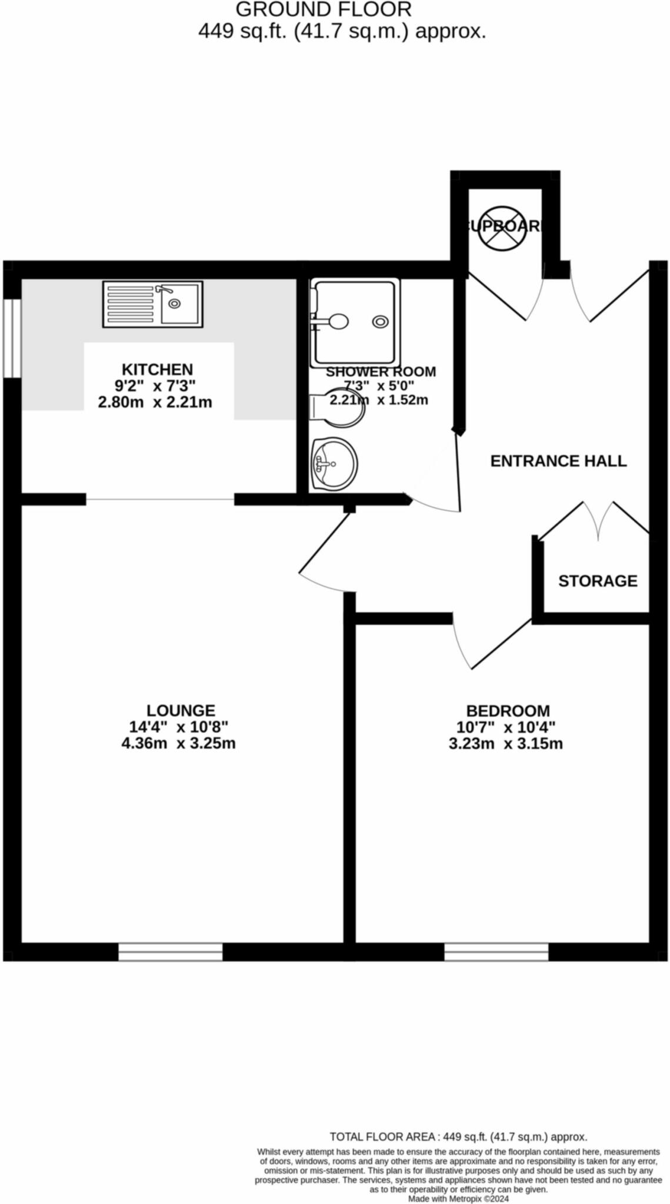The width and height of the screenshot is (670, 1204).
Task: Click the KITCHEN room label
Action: (x=157, y=369)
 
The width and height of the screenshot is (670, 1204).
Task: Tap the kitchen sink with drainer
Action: (x=152, y=303)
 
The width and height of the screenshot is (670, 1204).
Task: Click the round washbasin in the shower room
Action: (x=334, y=464)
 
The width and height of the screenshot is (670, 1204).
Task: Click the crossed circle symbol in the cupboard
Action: (x=502, y=228)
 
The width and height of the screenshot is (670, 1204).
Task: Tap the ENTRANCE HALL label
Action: (x=558, y=461)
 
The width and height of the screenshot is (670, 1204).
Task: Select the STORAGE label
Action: (x=598, y=581)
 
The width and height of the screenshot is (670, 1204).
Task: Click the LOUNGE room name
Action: (x=181, y=711)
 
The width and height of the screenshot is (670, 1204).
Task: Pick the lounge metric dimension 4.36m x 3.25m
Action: (x=178, y=743)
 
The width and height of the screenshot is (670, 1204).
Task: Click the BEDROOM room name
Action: (x=508, y=711)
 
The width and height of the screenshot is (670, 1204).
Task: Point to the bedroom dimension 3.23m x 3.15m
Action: (x=505, y=744)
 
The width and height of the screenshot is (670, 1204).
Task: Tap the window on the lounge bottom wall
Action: (x=171, y=952)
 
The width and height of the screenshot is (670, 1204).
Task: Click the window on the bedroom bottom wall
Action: (x=496, y=952)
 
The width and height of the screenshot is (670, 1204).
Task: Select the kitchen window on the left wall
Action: (x=12, y=338)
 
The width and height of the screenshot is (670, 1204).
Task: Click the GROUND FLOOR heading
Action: (x=324, y=10)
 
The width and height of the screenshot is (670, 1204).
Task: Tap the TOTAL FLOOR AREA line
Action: (x=458, y=1136)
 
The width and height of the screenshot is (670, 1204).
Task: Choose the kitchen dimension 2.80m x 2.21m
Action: (x=155, y=403)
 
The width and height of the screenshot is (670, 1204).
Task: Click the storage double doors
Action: (x=598, y=520)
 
